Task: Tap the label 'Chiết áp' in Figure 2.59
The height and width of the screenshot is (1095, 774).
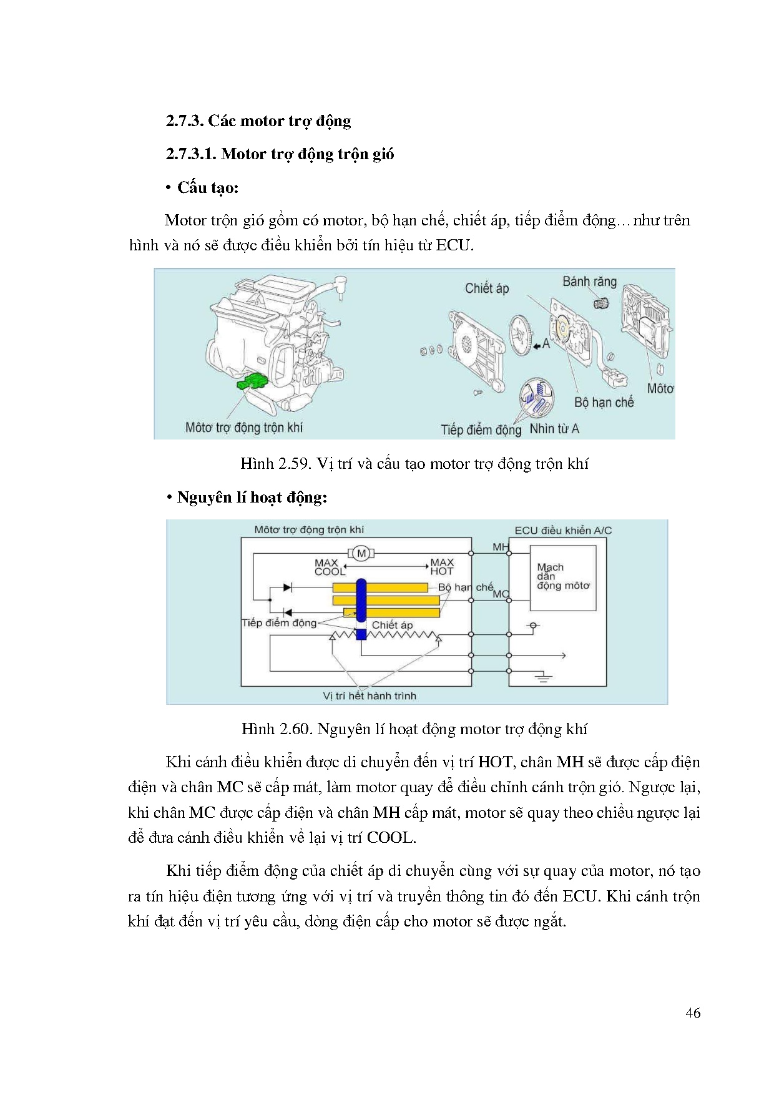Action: tap(487, 288)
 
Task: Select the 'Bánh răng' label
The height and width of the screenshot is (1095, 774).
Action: tap(589, 282)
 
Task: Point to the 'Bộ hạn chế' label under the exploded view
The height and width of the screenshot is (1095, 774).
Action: tap(604, 403)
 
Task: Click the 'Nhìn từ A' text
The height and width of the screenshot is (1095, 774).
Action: tap(554, 429)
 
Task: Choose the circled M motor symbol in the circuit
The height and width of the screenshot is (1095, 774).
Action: tap(361, 553)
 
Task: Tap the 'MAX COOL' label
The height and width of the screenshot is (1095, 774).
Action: tap(329, 567)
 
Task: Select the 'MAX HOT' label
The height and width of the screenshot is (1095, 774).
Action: tap(442, 567)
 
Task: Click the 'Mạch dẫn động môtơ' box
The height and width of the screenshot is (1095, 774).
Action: tap(563, 577)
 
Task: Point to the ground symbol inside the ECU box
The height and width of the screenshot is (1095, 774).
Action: tap(544, 677)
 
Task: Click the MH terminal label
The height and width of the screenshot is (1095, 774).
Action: tap(501, 547)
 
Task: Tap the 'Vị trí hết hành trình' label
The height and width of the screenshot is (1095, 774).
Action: tap(370, 695)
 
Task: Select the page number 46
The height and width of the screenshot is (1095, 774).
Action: tap(692, 1013)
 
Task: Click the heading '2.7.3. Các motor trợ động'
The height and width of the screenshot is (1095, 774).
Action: tap(258, 120)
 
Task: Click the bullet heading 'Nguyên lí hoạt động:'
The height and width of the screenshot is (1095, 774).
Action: tap(252, 498)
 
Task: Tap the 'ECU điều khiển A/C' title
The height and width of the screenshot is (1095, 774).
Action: tap(562, 530)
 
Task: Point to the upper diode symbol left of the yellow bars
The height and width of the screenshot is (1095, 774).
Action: tap(288, 587)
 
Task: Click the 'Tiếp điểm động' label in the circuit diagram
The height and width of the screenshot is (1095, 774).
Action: tap(279, 622)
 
